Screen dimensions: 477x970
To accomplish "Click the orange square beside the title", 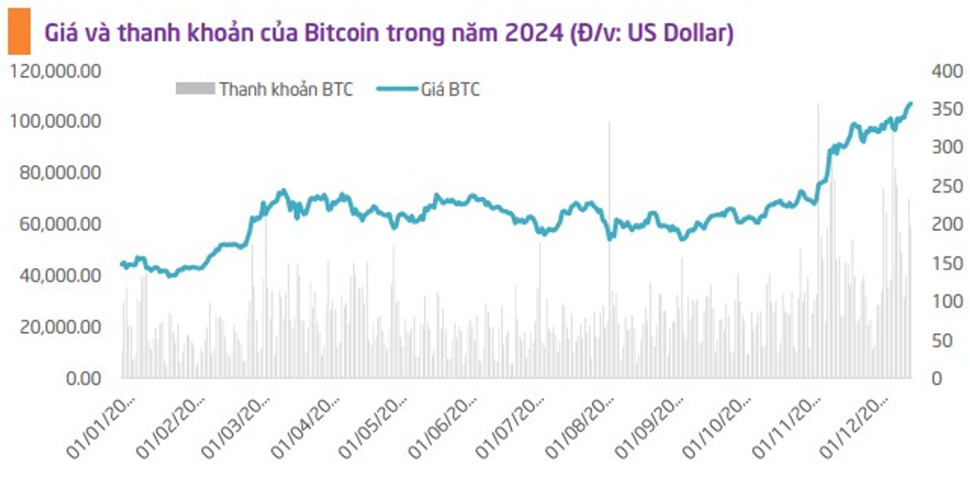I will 20,33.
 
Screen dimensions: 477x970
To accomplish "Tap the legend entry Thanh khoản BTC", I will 286,89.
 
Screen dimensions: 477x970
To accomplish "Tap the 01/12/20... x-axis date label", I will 856,425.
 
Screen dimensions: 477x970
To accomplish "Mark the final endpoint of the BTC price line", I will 911,103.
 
